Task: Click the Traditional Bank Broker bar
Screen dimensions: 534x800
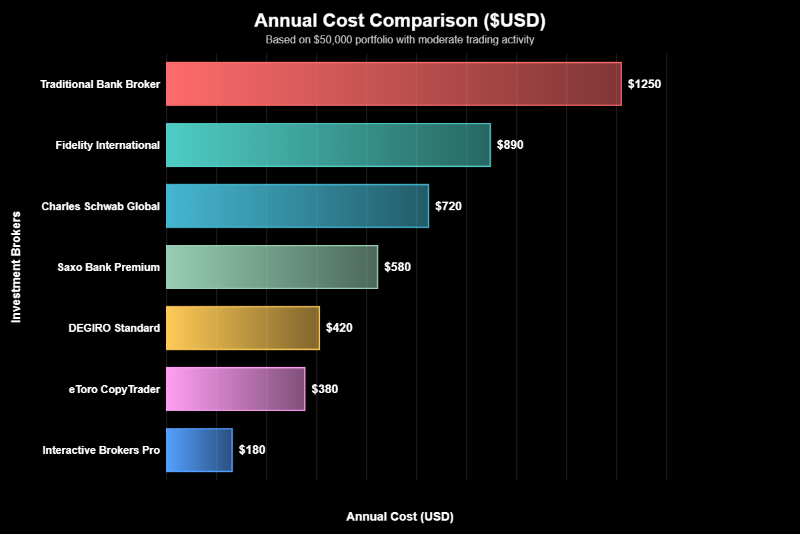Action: coord(393,83)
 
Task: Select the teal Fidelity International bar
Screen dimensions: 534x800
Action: coord(328,145)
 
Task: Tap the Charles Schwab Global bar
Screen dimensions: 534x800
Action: coord(297,206)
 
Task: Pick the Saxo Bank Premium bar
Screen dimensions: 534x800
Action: coord(272,267)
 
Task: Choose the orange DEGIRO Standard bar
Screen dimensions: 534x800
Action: coord(243,328)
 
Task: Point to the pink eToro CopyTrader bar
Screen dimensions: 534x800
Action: coord(235,389)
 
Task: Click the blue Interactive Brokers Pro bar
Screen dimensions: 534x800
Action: coord(199,450)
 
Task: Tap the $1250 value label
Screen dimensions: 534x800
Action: coord(645,84)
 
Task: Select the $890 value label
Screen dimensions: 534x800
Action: coord(510,145)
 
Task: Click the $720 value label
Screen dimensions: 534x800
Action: coord(448,206)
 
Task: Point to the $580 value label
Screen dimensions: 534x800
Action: coord(397,267)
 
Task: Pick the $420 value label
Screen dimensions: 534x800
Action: coord(339,328)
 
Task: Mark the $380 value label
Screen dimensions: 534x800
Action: coord(325,389)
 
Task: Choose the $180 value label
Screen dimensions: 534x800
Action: coord(252,450)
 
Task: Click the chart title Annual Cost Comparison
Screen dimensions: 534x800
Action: coord(400,21)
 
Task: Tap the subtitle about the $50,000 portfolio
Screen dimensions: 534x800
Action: coord(400,40)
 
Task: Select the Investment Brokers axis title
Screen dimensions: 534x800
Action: coord(17,267)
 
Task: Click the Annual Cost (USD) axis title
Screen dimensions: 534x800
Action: coord(400,517)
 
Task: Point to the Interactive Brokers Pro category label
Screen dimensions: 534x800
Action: coord(101,450)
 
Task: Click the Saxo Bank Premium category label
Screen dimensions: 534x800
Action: coord(109,267)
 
